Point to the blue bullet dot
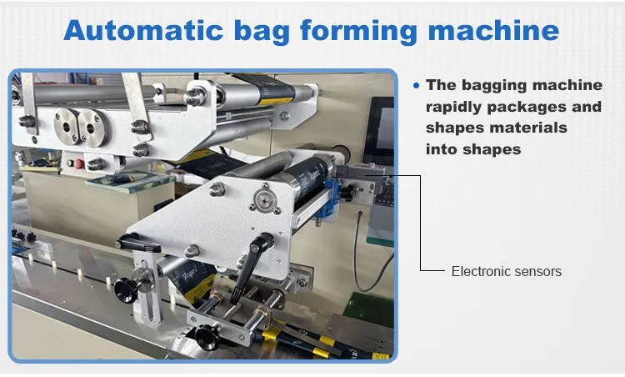pyautogui.click(x=417, y=85)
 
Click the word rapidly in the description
pyautogui.click(x=453, y=108)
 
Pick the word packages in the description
pyautogui.click(x=527, y=108)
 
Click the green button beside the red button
pyautogui.click(x=71, y=163)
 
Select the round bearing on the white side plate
pyautogui.click(x=262, y=199)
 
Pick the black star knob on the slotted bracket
pyautogui.click(x=126, y=289)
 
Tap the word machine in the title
pyautogui.click(x=493, y=30)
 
